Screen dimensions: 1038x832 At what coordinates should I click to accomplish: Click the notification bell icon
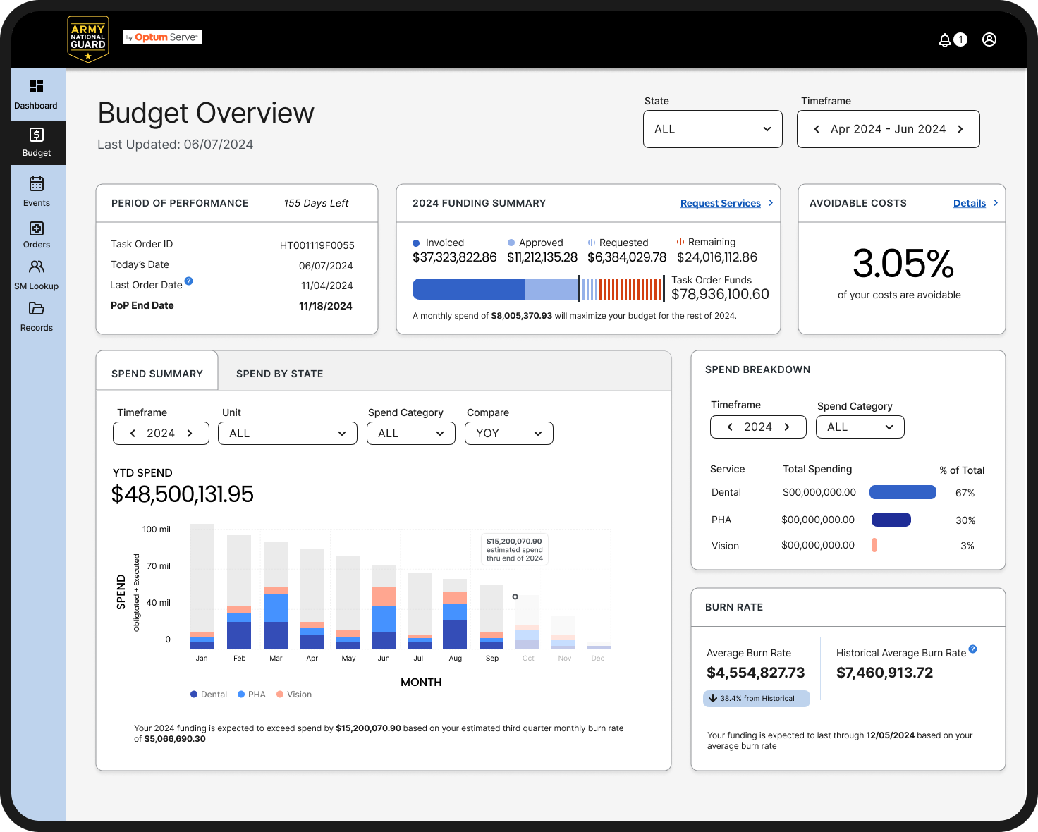pos(944,40)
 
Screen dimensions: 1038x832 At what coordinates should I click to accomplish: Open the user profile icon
pos(989,39)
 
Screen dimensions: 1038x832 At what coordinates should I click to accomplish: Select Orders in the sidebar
pos(37,234)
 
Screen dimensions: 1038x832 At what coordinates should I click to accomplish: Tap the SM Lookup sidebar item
pos(37,276)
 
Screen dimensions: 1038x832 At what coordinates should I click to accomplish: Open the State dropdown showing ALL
pos(712,129)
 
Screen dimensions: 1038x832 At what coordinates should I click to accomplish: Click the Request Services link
pos(720,204)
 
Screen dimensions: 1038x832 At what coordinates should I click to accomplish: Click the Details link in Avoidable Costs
pos(969,204)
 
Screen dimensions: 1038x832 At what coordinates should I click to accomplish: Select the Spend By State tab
pos(280,374)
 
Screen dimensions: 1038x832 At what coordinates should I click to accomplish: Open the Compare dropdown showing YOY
pos(509,433)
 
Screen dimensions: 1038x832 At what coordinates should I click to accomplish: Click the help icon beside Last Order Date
pos(189,281)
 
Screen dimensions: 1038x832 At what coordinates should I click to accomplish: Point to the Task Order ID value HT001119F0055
pos(317,245)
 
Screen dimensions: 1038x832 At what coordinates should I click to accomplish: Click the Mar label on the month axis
pos(276,659)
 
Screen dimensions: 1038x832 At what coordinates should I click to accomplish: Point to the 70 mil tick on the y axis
pos(158,565)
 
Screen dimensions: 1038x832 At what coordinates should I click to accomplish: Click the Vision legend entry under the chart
pos(294,695)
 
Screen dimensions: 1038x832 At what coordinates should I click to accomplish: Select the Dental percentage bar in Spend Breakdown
pos(903,492)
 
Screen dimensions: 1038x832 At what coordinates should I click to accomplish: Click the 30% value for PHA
pos(965,520)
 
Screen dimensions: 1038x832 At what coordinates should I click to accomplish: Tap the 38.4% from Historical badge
pos(757,699)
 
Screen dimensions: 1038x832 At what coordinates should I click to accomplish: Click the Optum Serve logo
pos(163,37)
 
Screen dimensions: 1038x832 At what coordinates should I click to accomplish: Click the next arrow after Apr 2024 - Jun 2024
pos(960,129)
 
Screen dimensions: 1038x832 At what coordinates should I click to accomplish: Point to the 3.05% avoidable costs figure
pos(903,264)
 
